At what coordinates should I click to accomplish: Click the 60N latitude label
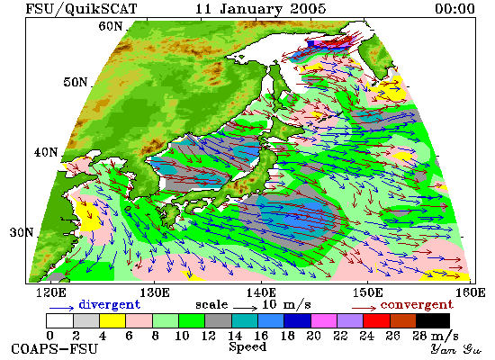(x=110, y=26)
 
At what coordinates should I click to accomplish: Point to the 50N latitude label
(x=75, y=82)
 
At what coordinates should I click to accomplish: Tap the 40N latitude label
(x=46, y=152)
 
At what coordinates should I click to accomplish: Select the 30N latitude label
(x=22, y=233)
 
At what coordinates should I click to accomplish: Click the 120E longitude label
(x=51, y=292)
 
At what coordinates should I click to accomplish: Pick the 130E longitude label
(x=155, y=292)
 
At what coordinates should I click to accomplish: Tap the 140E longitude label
(x=261, y=292)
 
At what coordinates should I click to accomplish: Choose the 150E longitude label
(x=367, y=292)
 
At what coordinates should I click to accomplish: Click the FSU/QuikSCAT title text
(x=81, y=8)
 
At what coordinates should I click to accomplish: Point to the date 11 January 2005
(x=261, y=8)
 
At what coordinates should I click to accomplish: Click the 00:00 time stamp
(x=454, y=8)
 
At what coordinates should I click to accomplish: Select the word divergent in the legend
(x=109, y=305)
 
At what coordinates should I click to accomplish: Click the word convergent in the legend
(x=417, y=305)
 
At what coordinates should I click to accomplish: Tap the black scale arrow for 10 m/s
(x=246, y=307)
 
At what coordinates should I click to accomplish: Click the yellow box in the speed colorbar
(x=112, y=320)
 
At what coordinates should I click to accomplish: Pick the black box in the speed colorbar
(x=433, y=320)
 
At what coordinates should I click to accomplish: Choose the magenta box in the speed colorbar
(x=324, y=320)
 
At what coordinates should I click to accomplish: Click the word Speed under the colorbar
(x=247, y=346)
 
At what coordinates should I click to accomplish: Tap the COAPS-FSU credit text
(x=54, y=349)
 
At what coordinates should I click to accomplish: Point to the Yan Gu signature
(x=455, y=349)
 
